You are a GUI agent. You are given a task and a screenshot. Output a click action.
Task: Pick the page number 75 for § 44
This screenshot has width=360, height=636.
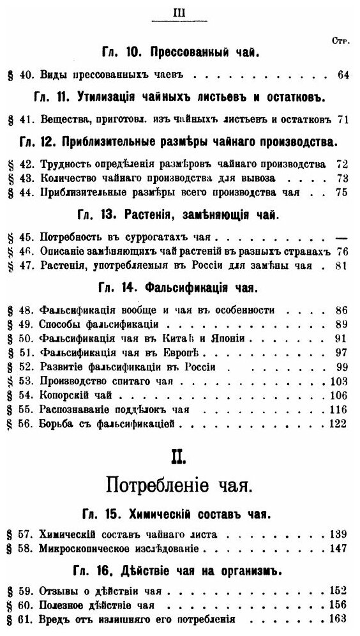(x=342, y=192)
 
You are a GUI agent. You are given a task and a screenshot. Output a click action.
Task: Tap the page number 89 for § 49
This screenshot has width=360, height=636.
(x=341, y=324)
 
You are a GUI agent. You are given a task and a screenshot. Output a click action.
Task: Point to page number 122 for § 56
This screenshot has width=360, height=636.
(x=339, y=423)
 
